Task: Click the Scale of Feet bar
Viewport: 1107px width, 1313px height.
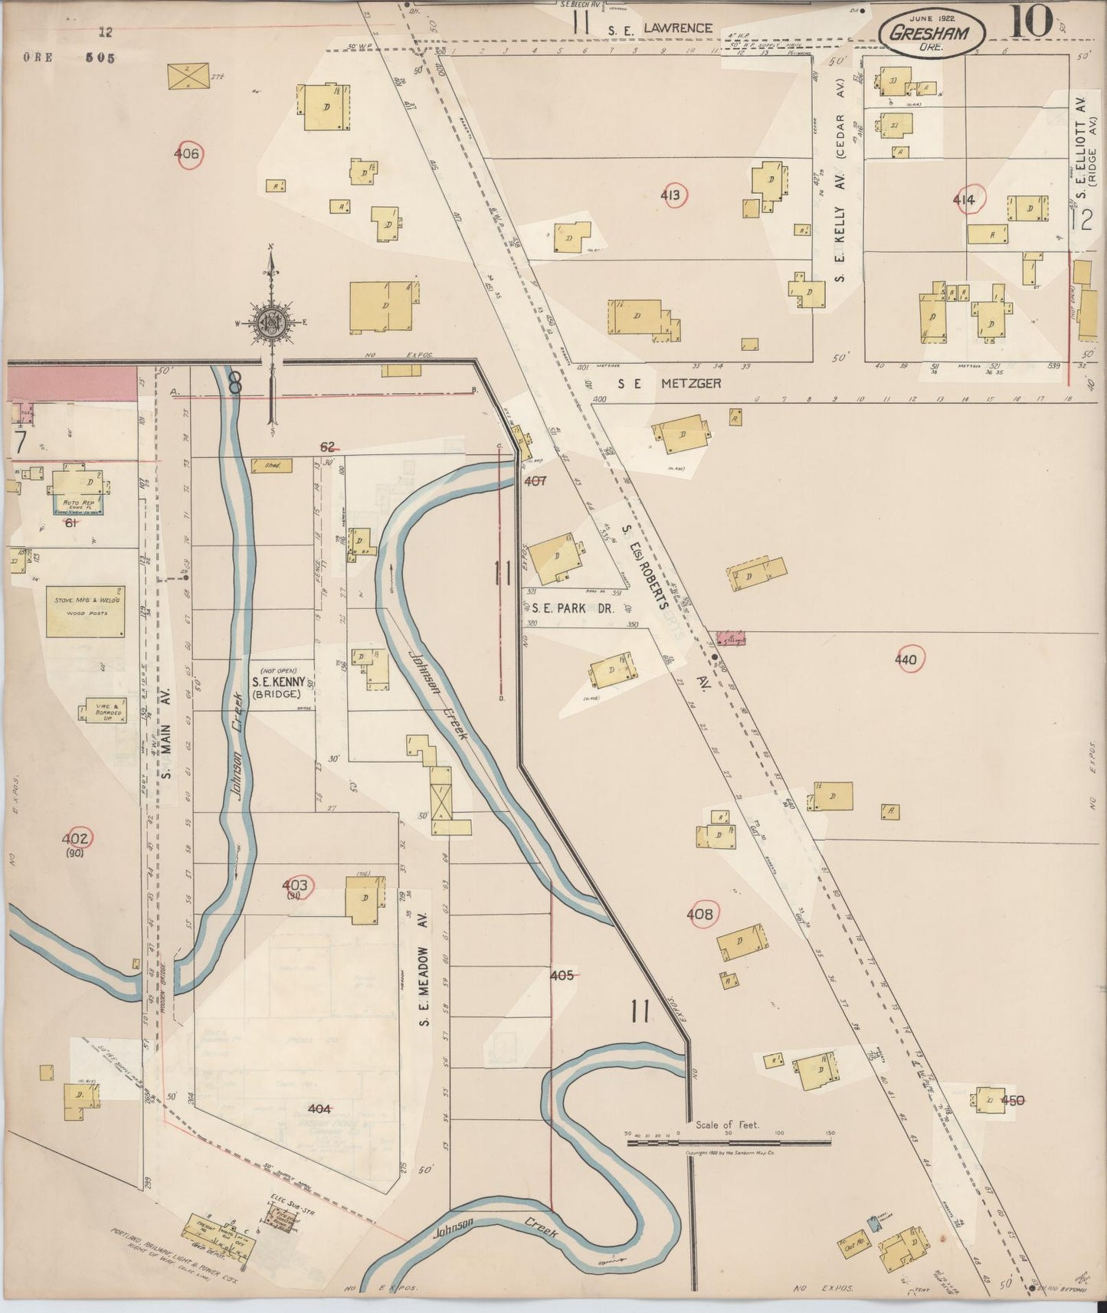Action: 729,1142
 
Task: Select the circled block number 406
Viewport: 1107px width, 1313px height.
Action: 186,154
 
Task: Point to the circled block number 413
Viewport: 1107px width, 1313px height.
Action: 670,196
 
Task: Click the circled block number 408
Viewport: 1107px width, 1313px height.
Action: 699,914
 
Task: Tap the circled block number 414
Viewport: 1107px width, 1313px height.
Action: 964,201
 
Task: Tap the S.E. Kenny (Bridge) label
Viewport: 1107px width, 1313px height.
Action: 279,681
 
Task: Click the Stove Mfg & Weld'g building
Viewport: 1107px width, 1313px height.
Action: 86,611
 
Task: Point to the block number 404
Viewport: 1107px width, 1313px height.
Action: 319,1108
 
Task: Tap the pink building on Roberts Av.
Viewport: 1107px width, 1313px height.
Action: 731,637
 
